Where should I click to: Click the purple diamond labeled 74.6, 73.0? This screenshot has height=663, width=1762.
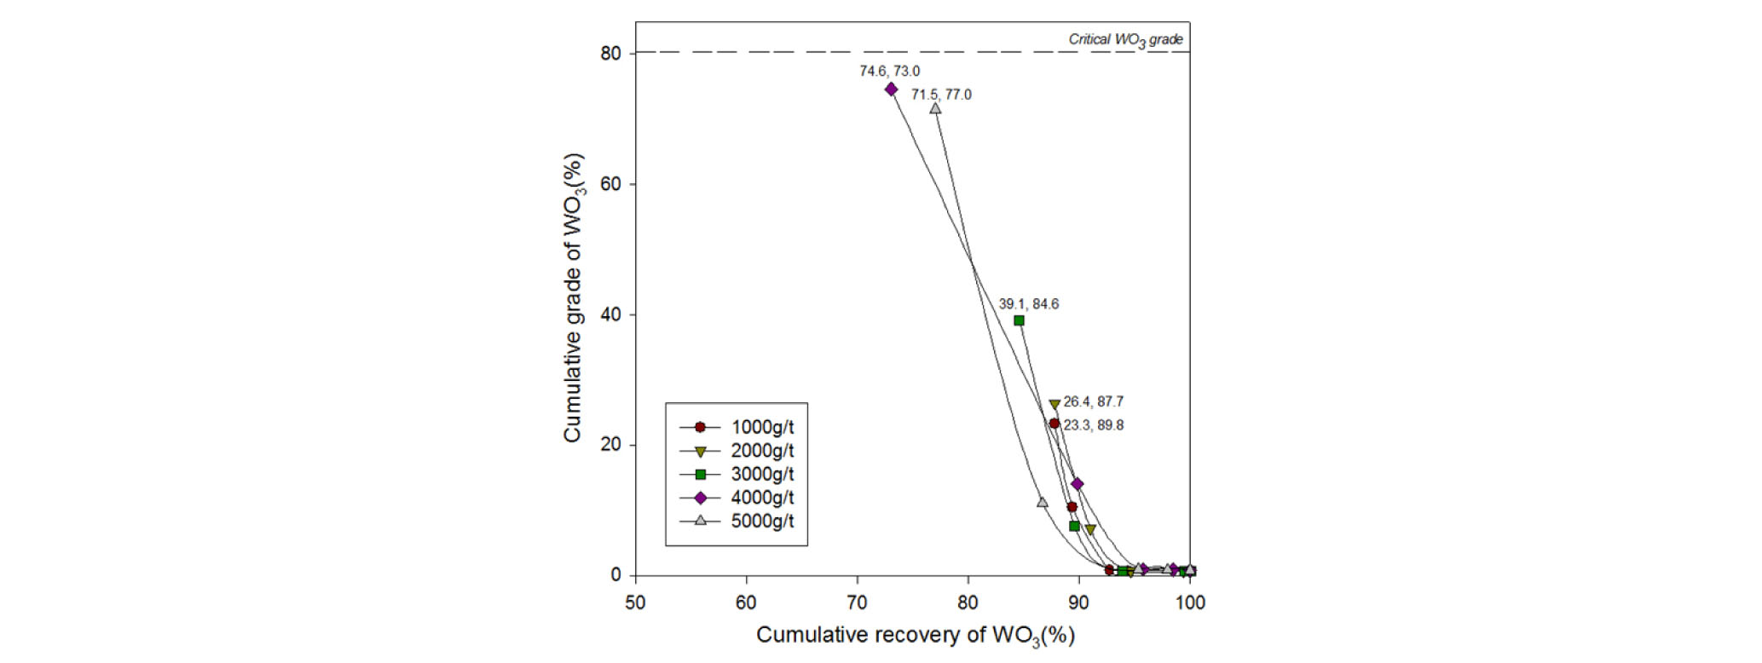click(x=891, y=89)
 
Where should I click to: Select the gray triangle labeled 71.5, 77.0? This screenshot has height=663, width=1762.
click(x=935, y=108)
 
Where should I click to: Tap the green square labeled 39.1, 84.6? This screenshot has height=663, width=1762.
click(x=1019, y=320)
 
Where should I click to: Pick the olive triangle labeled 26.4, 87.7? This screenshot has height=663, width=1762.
click(x=1054, y=405)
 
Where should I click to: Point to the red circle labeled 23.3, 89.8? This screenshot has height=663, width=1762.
click(x=1054, y=424)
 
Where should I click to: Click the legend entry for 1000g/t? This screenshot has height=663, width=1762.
click(x=737, y=427)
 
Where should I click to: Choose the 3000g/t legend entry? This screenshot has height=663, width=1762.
click(x=737, y=475)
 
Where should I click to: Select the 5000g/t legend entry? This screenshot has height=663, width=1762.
click(x=737, y=521)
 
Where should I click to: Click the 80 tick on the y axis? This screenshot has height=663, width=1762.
click(x=610, y=53)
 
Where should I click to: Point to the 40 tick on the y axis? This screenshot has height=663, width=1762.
click(x=610, y=314)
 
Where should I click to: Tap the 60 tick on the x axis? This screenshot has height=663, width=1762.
click(x=746, y=602)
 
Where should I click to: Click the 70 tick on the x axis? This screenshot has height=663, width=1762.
click(x=857, y=602)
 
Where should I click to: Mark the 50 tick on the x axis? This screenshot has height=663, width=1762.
click(x=635, y=602)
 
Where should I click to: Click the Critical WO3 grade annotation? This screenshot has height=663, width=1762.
click(x=1125, y=39)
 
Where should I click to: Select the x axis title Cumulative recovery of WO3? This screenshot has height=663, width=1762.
click(x=915, y=636)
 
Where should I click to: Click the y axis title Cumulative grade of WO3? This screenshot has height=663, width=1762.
click(x=573, y=297)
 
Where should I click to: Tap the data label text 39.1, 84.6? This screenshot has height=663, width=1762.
click(x=1029, y=304)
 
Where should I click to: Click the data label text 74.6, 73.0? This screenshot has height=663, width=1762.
click(x=889, y=72)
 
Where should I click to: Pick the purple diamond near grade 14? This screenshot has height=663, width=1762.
click(x=1077, y=484)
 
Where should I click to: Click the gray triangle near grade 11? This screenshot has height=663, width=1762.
click(x=1042, y=502)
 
